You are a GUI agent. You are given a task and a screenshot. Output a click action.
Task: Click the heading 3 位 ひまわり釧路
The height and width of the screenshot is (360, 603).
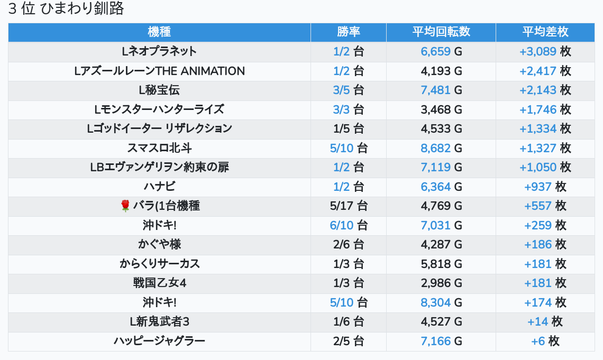click(x=66, y=9)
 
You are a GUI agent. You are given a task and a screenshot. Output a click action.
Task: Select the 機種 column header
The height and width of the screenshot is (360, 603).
click(x=159, y=32)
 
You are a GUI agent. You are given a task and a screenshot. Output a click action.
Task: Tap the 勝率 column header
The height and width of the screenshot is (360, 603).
click(x=348, y=32)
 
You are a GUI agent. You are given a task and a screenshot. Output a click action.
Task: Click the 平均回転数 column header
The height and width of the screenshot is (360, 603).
click(x=441, y=32)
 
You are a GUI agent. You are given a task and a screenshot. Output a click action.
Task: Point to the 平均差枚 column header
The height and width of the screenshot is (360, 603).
click(x=545, y=32)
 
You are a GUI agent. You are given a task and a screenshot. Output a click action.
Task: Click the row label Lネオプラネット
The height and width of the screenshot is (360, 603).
click(x=159, y=51)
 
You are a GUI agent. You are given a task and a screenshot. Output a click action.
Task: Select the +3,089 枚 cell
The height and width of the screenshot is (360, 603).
click(x=545, y=51)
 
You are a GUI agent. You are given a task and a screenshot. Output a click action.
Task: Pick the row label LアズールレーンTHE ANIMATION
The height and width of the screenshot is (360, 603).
click(x=159, y=71)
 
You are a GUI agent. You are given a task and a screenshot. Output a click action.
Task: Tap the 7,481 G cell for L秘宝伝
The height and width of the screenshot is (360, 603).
click(x=441, y=90)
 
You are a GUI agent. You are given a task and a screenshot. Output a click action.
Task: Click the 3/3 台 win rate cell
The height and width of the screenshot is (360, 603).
click(x=348, y=109)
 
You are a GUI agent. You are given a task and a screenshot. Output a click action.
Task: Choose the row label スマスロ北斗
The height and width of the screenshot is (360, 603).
click(x=159, y=148)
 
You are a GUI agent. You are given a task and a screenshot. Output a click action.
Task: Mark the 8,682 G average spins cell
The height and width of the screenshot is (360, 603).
click(x=441, y=148)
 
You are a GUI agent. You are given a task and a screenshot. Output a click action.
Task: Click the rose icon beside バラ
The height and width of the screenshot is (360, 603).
click(x=125, y=206)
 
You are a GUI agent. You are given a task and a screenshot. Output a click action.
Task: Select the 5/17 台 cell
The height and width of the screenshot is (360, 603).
click(x=348, y=206)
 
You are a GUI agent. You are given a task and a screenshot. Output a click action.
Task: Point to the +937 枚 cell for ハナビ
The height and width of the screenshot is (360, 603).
click(x=545, y=187)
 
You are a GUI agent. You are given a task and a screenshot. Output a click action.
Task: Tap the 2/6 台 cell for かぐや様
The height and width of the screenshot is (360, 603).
click(x=348, y=244)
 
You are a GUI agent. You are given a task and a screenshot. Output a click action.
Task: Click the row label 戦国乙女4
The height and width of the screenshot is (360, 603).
click(x=159, y=283)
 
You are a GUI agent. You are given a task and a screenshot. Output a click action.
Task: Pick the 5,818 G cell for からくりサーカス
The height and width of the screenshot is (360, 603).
click(x=441, y=264)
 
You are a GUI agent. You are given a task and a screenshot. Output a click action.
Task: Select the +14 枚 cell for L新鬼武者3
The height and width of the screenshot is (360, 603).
click(x=545, y=321)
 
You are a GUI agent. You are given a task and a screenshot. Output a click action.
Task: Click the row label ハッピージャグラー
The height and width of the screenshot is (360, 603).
click(x=159, y=341)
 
